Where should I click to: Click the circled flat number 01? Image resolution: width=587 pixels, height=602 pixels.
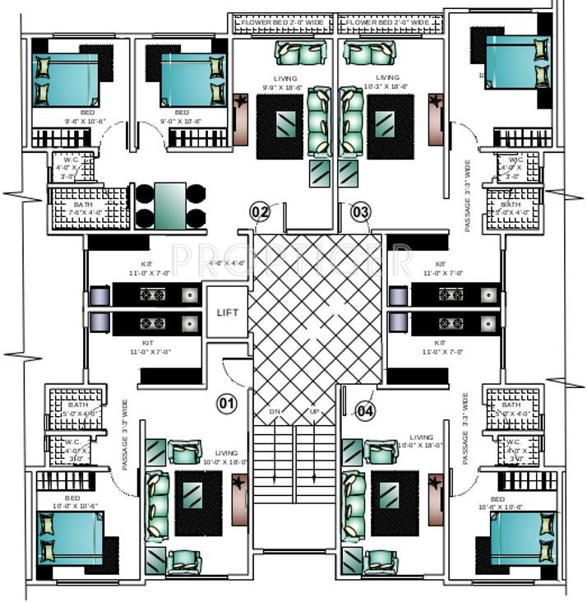point(226,403)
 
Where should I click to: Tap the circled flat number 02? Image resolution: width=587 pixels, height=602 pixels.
point(260,212)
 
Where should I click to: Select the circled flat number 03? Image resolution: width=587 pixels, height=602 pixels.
point(360,212)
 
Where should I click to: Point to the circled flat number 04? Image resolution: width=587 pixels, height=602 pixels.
point(366,410)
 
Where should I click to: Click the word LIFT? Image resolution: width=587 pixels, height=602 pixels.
point(228,313)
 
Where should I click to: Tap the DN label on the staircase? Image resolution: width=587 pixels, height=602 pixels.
point(274,410)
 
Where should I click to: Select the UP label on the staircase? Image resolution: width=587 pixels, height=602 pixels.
point(313,410)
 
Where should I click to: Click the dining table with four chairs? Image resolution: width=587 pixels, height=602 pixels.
point(170,206)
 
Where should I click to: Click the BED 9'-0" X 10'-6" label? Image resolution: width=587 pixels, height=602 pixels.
point(182,116)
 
